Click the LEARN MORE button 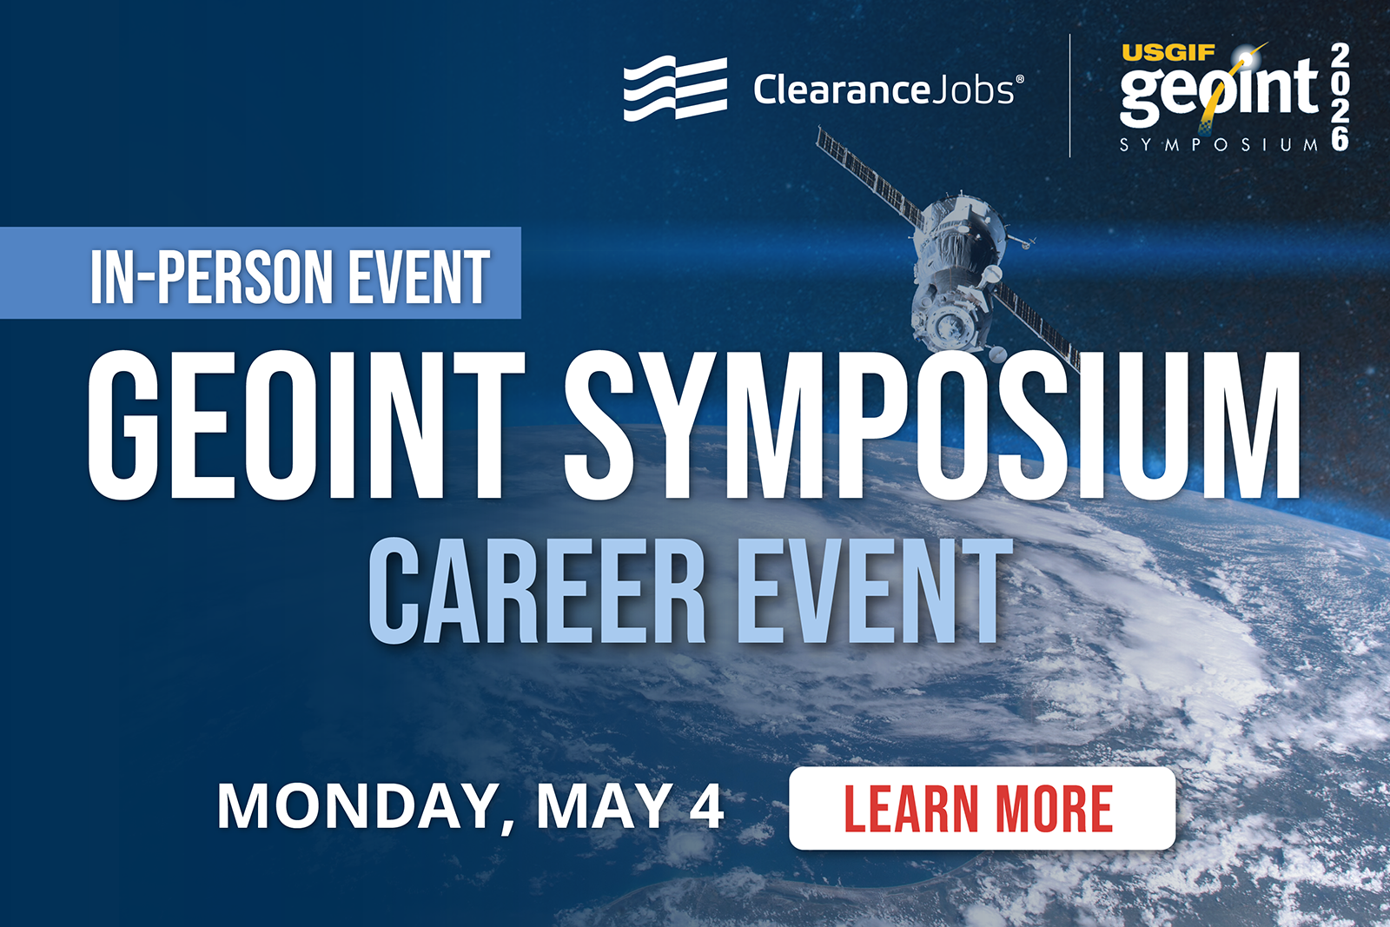pos(983,808)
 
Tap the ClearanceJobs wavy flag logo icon pos(675,88)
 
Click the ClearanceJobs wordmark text pos(889,90)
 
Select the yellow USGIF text pos(1168,53)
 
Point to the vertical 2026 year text pos(1340,96)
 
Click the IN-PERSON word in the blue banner pos(212,277)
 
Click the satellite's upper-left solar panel pos(868,177)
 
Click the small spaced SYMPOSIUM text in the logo pos(1219,144)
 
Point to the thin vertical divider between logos pos(1069,96)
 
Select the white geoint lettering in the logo pos(1220,93)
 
